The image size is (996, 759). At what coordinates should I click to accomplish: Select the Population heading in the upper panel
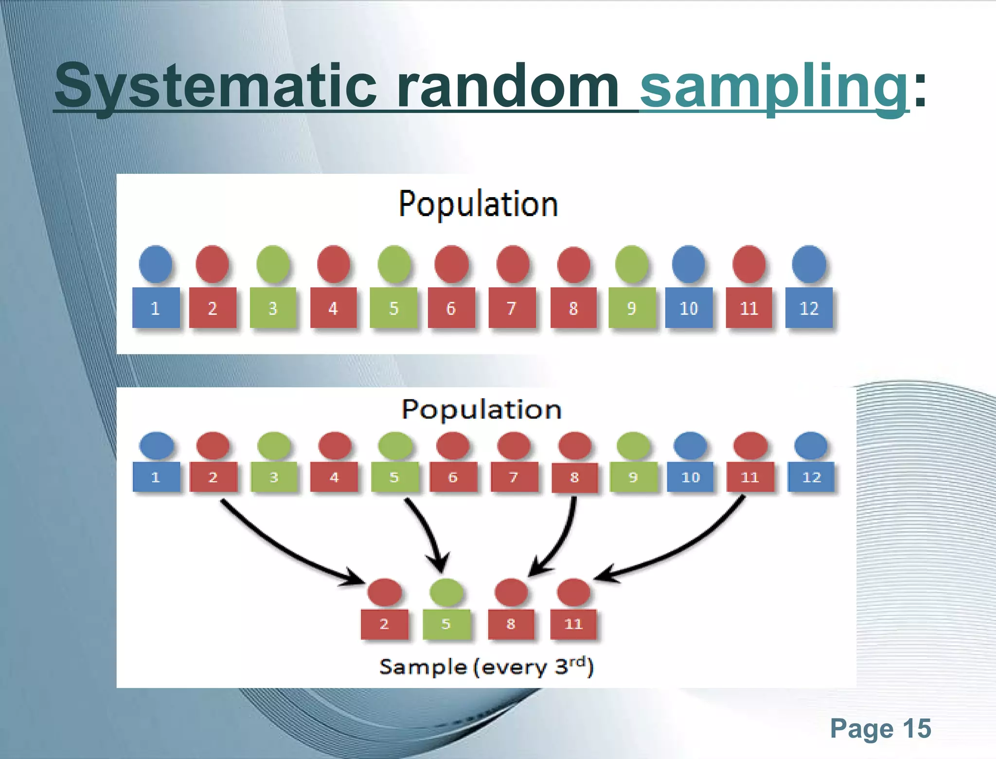(478, 204)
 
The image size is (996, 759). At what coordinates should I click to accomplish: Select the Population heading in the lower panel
(481, 409)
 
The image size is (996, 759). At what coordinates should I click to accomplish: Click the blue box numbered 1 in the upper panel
(156, 308)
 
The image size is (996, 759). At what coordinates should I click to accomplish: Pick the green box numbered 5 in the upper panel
(393, 308)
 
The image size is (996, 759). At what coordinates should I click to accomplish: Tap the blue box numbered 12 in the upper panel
(809, 308)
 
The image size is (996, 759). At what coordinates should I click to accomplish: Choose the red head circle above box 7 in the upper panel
(513, 264)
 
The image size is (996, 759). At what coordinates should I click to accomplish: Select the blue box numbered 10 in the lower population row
(690, 477)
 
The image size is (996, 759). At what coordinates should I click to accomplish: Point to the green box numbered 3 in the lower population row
(274, 477)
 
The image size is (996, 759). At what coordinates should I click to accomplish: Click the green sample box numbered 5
(446, 624)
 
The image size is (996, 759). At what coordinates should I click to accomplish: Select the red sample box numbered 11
(573, 624)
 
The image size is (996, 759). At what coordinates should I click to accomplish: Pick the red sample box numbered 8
(511, 624)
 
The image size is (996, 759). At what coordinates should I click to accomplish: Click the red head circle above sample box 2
(384, 592)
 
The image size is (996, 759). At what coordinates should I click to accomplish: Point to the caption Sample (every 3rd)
(486, 667)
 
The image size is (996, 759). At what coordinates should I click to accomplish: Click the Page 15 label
(880, 729)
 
